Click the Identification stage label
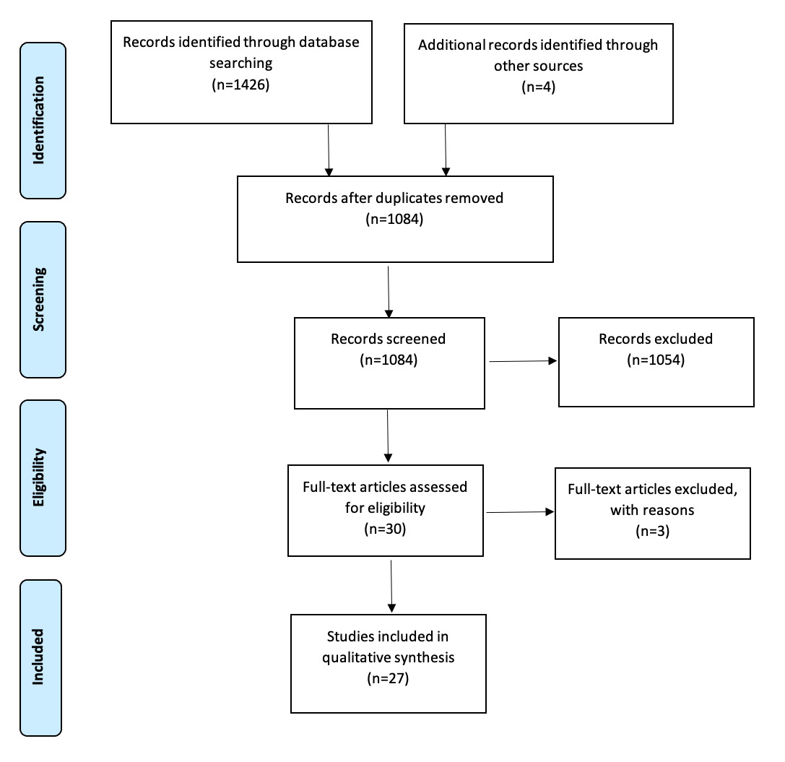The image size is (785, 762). (x=42, y=121)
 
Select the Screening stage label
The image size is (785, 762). (x=42, y=299)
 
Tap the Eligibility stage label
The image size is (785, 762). (x=42, y=477)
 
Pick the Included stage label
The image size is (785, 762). (x=42, y=657)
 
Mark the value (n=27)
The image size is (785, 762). (x=388, y=679)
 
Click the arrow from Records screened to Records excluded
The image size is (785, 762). (x=523, y=361)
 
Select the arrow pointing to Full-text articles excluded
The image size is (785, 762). (x=521, y=512)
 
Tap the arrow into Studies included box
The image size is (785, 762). (x=391, y=585)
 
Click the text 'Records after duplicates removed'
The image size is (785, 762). (x=394, y=197)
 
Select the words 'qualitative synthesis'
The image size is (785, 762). (x=388, y=658)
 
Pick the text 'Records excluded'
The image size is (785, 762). (x=656, y=339)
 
